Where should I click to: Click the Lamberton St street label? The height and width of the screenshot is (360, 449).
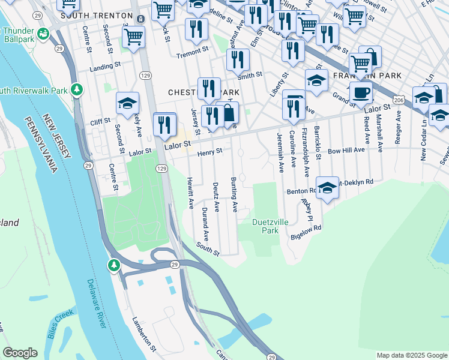pos(144,334)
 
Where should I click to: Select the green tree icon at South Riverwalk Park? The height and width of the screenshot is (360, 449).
pos(77,89)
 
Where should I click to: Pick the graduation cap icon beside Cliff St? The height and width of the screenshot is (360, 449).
pos(127,104)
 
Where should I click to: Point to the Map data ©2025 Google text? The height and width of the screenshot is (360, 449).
pos(411,355)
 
